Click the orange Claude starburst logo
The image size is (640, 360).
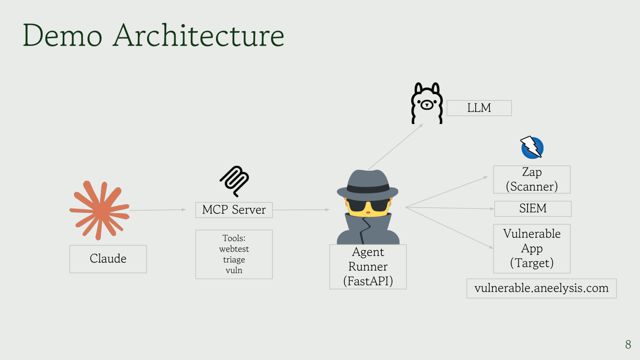[99, 210]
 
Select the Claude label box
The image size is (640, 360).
[108, 259]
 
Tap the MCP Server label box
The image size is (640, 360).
[234, 210]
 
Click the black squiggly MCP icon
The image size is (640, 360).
[234, 181]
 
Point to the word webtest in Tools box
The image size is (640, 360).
[234, 249]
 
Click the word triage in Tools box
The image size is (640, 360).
[234, 260]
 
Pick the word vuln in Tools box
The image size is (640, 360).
[234, 270]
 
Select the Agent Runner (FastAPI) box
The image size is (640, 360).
[368, 267]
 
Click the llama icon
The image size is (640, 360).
[426, 103]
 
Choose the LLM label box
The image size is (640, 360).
[479, 108]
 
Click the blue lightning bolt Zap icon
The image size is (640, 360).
[532, 148]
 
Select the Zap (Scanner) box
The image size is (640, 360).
[532, 180]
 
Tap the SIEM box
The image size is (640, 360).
[533, 208]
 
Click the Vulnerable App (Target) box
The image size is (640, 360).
[532, 248]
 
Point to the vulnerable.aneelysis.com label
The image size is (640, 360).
[541, 288]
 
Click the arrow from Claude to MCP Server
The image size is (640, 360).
[157, 210]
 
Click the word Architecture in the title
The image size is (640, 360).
[199, 36]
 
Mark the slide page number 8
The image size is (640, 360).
[628, 344]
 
